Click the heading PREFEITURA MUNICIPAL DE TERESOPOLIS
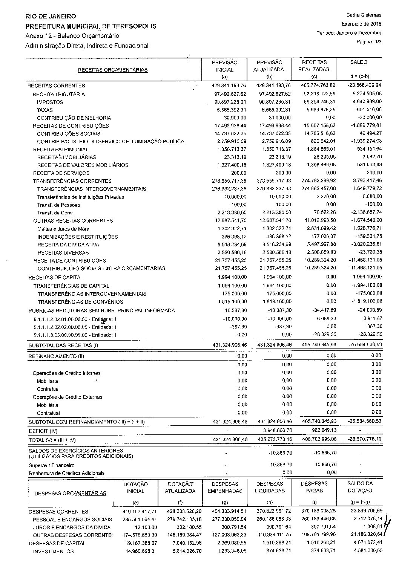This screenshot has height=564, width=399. [91, 26]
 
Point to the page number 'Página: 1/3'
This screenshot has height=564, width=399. [369, 42]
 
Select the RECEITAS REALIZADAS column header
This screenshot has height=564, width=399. [314, 66]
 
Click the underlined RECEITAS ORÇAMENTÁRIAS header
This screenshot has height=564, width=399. [112, 70]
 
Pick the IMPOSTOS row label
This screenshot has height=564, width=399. [50, 102]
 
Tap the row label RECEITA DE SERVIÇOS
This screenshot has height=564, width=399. [61, 173]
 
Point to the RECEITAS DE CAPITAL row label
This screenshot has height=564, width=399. [51, 277]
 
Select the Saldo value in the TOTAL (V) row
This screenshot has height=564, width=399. [364, 439]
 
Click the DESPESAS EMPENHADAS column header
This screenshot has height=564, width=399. [225, 487]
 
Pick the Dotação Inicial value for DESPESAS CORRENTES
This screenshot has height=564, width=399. [139, 511]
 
